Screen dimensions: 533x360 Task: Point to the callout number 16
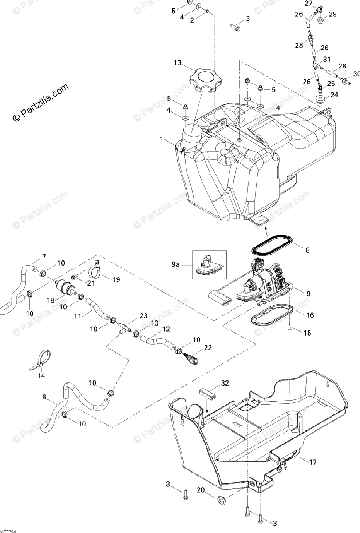click(310, 315)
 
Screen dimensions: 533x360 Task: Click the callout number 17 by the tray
click(313, 462)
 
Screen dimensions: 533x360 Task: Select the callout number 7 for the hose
click(44, 256)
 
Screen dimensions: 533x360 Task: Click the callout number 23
click(143, 316)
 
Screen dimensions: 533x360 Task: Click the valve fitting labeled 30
click(345, 81)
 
